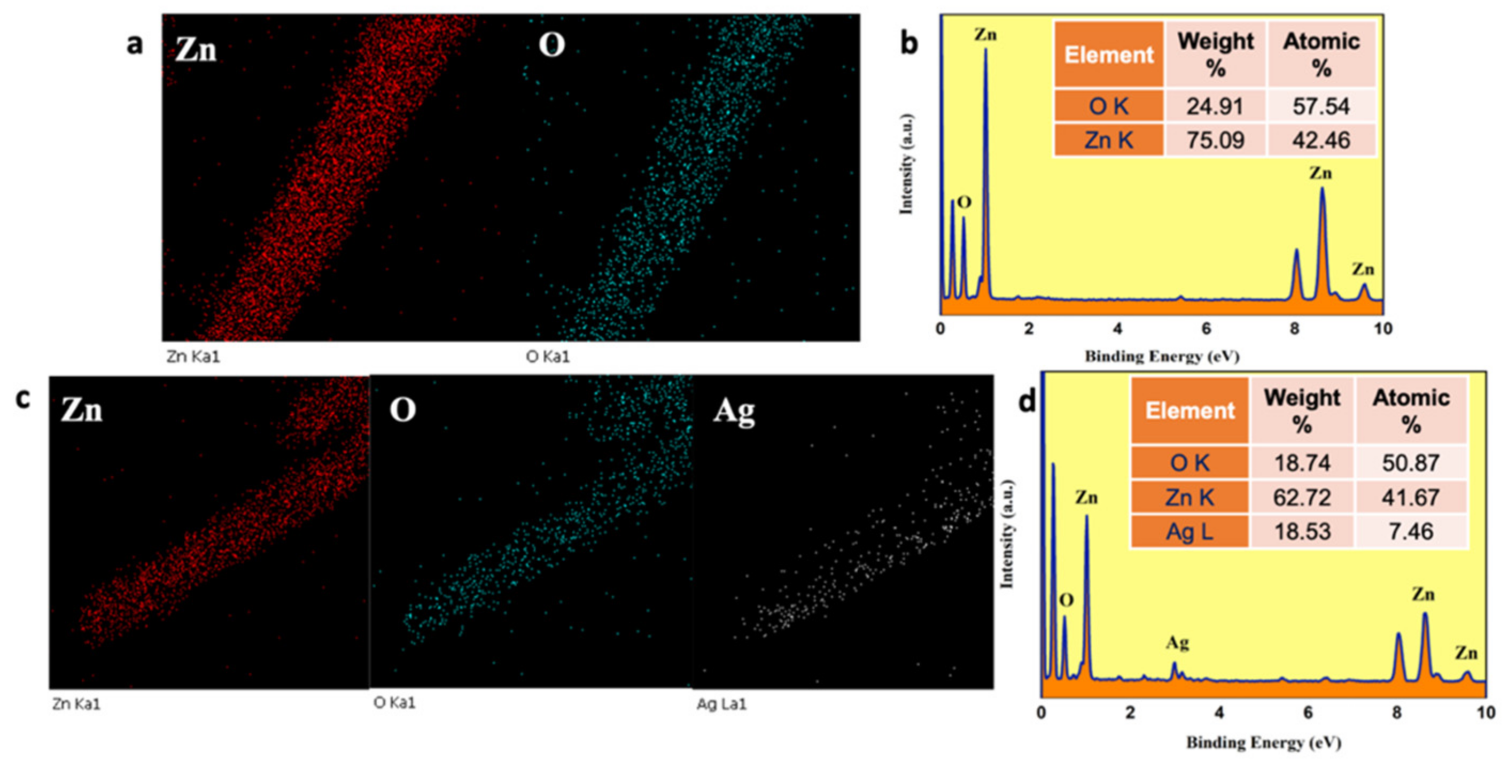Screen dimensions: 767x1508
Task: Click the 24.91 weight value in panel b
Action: pos(1215,106)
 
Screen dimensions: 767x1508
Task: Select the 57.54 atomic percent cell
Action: pos(1322,106)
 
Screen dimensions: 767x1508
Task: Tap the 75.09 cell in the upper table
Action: pos(1215,140)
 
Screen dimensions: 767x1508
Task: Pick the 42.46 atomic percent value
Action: pos(1322,140)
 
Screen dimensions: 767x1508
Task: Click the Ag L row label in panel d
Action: pos(1189,532)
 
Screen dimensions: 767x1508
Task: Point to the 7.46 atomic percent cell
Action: pos(1411,532)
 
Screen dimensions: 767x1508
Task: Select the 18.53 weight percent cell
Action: pos(1302,532)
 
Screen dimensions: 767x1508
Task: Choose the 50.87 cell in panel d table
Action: pos(1411,463)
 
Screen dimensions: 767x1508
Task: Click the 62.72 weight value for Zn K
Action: pos(1302,498)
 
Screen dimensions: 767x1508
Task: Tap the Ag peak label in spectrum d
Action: pos(1177,643)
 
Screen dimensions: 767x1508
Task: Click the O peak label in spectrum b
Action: pos(963,203)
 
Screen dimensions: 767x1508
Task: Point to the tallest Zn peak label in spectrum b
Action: pos(985,35)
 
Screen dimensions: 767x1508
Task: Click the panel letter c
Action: pos(23,398)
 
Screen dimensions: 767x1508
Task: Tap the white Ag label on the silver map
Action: pos(734,412)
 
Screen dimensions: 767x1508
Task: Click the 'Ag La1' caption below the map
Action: pos(721,704)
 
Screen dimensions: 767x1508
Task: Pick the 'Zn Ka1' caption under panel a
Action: pos(193,357)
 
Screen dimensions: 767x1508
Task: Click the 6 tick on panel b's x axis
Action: pos(1206,329)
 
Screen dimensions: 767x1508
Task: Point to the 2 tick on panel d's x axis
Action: pos(1130,712)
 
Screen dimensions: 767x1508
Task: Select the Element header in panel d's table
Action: pos(1190,410)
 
